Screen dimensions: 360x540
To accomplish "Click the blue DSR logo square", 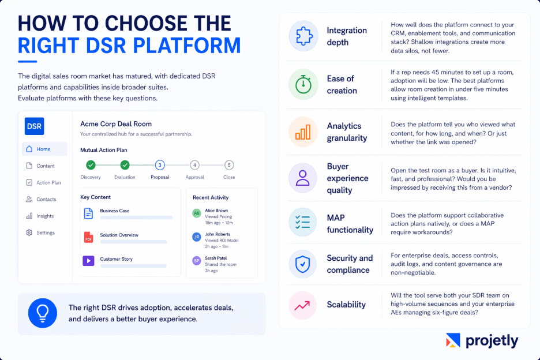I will pyautogui.click(x=35, y=126).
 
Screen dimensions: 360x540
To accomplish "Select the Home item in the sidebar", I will pyautogui.click(x=44, y=149).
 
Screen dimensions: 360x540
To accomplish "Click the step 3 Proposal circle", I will pyautogui.click(x=160, y=166).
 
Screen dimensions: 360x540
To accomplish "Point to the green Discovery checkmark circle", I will pyautogui.click(x=91, y=166).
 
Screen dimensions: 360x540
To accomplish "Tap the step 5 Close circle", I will pyautogui.click(x=229, y=166).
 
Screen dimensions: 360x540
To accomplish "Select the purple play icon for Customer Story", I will pyautogui.click(x=88, y=261).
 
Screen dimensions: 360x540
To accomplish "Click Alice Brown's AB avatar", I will pyautogui.click(x=197, y=213).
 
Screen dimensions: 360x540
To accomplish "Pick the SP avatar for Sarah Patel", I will pyautogui.click(x=197, y=261).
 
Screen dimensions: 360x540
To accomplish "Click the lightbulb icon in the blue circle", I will pyautogui.click(x=42, y=313).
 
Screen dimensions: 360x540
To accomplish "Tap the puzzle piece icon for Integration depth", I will pyautogui.click(x=303, y=36).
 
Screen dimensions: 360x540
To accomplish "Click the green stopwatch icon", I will pyautogui.click(x=303, y=84).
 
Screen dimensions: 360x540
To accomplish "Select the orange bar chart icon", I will pyautogui.click(x=303, y=132).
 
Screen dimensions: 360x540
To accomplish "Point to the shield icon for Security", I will pyautogui.click(x=303, y=264).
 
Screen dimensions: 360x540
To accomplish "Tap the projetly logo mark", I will pyautogui.click(x=453, y=341).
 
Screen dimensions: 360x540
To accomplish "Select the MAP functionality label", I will pyautogui.click(x=350, y=223).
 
